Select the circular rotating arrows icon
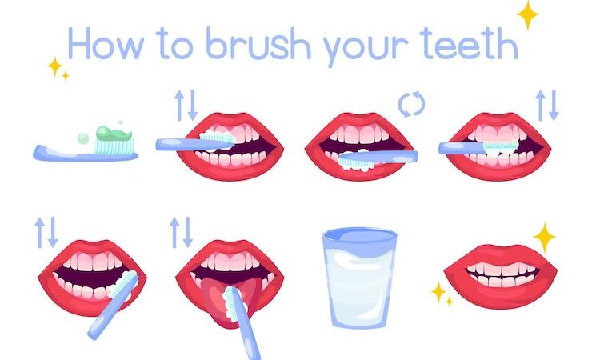(x=411, y=104)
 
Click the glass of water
(x=358, y=280)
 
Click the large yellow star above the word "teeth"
(x=527, y=14)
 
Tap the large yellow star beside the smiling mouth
(x=545, y=237)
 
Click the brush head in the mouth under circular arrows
(x=357, y=160)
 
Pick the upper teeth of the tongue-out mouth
(x=229, y=262)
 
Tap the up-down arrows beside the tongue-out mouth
(x=181, y=231)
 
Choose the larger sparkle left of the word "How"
(x=55, y=66)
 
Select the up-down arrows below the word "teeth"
(x=547, y=104)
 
